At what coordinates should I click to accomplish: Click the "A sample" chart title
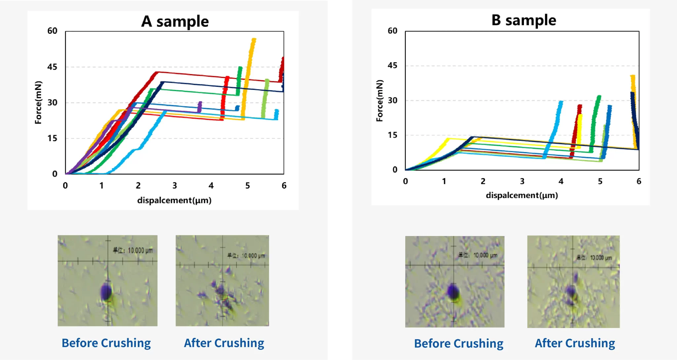point(175,21)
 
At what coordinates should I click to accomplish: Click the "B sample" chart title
point(524,20)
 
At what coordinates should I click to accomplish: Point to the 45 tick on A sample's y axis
point(52,67)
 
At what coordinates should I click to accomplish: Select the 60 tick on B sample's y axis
point(392,31)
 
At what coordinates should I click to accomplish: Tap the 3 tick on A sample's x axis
point(175,186)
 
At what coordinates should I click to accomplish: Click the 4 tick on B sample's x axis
point(561,181)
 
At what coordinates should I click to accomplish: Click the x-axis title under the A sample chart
point(174,200)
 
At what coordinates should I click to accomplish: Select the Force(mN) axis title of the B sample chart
point(379,100)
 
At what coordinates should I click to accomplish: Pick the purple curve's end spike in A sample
point(200,106)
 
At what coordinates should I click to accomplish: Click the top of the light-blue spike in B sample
point(560,102)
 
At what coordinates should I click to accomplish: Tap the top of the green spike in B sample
point(599,97)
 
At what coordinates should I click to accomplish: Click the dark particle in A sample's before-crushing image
point(106,292)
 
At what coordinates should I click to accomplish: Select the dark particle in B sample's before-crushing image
point(453,292)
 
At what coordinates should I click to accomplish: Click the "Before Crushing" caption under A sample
point(106,343)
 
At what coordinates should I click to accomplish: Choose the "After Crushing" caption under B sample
point(575,343)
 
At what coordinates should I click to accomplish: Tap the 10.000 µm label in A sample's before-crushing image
point(133,251)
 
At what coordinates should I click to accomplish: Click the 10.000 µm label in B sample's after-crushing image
point(594,258)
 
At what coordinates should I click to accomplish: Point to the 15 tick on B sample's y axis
point(392,135)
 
